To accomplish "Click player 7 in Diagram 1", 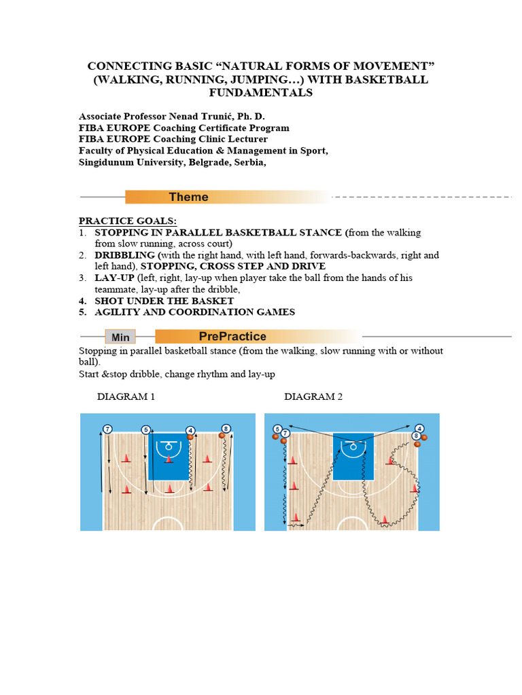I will (107, 429).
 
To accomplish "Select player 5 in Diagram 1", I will (145, 430).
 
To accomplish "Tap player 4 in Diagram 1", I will (190, 430).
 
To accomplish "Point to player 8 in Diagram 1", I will (226, 429).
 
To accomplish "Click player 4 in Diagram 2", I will (419, 429).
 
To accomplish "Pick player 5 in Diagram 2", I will (277, 429).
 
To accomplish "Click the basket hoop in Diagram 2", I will (352, 446).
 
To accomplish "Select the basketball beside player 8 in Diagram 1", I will (222, 436).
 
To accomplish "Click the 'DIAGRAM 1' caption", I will (126, 396).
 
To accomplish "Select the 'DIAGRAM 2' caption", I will (313, 396).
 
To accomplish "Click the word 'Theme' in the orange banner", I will (189, 197).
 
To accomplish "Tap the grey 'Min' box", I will (120, 337).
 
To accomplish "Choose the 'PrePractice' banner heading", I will (232, 336).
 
